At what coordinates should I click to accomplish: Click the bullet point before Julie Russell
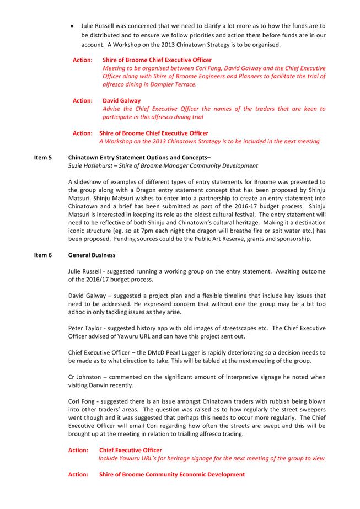(72, 26)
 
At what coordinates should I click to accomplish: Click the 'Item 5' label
(42, 158)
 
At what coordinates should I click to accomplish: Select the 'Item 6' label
(42, 256)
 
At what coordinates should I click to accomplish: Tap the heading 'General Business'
(92, 256)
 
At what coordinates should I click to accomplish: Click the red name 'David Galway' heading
(121, 101)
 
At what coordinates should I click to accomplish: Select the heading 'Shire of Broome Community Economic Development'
(172, 474)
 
